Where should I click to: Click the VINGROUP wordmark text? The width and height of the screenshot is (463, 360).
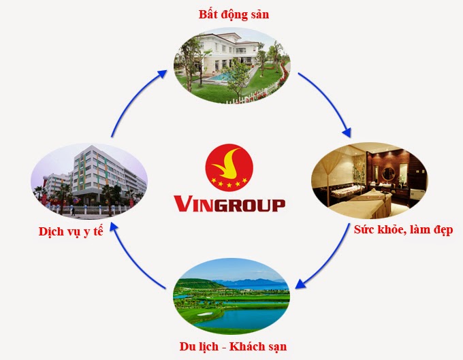click(x=229, y=203)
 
